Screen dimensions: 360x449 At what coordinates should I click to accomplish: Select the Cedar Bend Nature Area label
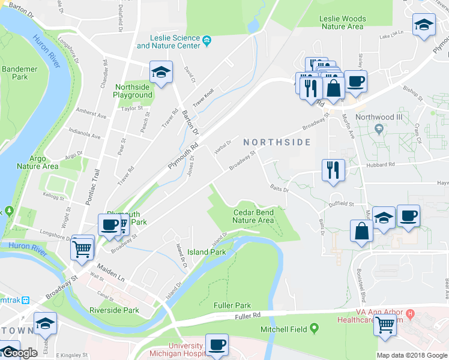click(x=253, y=216)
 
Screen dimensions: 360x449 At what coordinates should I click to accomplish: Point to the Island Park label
click(x=206, y=252)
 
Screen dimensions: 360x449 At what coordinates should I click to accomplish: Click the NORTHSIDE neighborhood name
click(x=277, y=142)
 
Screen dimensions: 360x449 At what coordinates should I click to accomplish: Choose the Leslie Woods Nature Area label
click(x=342, y=23)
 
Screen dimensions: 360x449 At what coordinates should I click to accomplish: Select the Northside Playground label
click(x=133, y=91)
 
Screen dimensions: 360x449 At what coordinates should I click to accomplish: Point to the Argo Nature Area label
click(x=37, y=162)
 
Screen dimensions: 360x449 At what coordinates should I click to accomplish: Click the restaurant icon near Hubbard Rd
click(x=333, y=169)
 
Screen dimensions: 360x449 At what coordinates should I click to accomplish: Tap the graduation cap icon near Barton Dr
click(x=160, y=73)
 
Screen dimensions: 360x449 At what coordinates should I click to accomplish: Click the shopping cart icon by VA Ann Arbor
click(x=385, y=325)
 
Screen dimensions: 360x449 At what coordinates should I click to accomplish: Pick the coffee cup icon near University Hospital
click(x=217, y=345)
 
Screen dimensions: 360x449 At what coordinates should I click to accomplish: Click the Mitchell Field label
click(x=283, y=329)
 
